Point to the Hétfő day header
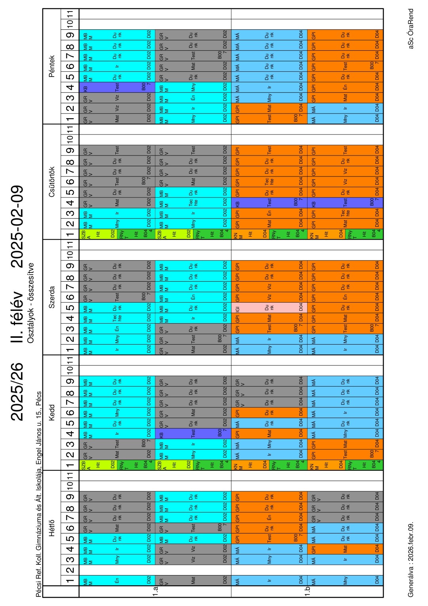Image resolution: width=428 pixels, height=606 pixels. (52, 527)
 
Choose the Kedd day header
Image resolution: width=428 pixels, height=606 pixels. (52, 412)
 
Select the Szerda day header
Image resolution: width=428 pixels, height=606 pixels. (52, 297)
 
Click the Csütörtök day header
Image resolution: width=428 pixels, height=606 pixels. (52, 182)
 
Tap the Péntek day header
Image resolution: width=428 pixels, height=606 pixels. (52, 66)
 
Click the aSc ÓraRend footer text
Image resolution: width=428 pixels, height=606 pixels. (411, 29)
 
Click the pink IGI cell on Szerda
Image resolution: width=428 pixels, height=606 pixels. (269, 307)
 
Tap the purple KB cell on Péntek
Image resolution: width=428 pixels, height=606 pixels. (117, 87)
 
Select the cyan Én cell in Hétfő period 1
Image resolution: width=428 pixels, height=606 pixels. (117, 581)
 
